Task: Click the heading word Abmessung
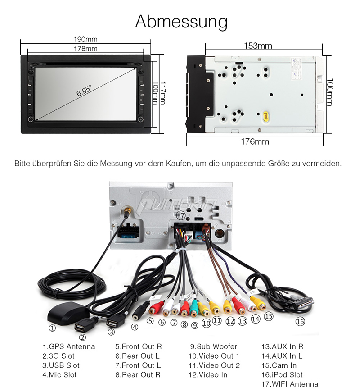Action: click(181, 22)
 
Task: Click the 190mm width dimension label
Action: click(85, 40)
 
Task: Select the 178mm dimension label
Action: click(85, 48)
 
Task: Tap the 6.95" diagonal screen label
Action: click(84, 91)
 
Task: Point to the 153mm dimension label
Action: click(258, 46)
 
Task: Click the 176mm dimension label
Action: click(255, 142)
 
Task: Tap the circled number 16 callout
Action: click(300, 322)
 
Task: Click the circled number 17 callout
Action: click(181, 215)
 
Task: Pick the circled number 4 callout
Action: click(135, 328)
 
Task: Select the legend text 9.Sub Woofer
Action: click(213, 346)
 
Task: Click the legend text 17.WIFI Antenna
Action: click(290, 384)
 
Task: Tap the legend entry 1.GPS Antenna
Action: click(69, 346)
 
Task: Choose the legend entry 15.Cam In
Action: click(279, 365)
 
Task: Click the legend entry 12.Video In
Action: click(208, 374)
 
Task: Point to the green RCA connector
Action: click(194, 308)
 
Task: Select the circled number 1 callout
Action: click(52, 328)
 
